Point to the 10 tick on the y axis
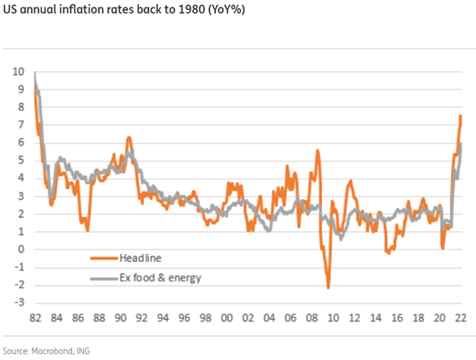pyautogui.click(x=19, y=72)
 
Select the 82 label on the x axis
pyautogui.click(x=34, y=319)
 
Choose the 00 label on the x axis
pyautogui.click(x=227, y=319)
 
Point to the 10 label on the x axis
pyautogui.click(x=333, y=319)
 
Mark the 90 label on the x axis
pyautogui.click(x=120, y=319)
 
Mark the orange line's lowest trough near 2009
pyautogui.click(x=328, y=288)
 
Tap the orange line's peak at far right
pyautogui.click(x=460, y=116)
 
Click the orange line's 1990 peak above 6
pyautogui.click(x=128, y=137)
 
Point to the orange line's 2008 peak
pyautogui.click(x=317, y=150)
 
